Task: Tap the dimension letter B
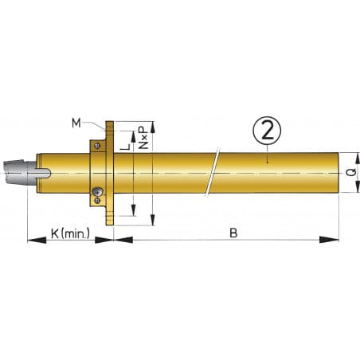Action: pyautogui.click(x=233, y=233)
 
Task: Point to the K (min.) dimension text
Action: pyautogui.click(x=70, y=233)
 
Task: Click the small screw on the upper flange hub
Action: pyautogui.click(x=95, y=145)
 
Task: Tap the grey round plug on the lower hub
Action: pyautogui.click(x=96, y=192)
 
